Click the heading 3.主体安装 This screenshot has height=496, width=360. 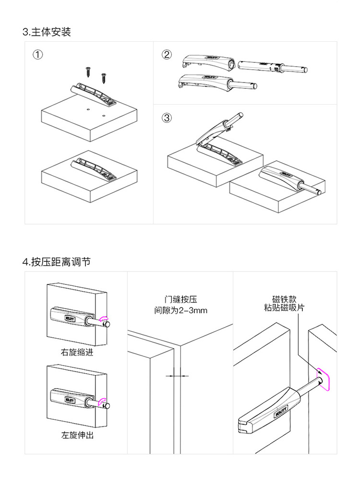click(x=47, y=32)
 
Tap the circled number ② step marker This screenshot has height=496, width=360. click(x=167, y=54)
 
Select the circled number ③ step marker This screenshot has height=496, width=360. click(x=167, y=118)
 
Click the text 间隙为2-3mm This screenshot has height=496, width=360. click(x=180, y=310)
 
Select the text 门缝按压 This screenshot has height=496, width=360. click(x=180, y=299)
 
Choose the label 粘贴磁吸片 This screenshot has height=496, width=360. click(x=284, y=308)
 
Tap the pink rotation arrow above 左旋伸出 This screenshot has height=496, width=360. click(x=102, y=401)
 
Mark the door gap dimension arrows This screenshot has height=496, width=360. click(x=177, y=376)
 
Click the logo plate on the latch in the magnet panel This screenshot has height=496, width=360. click(x=281, y=410)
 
